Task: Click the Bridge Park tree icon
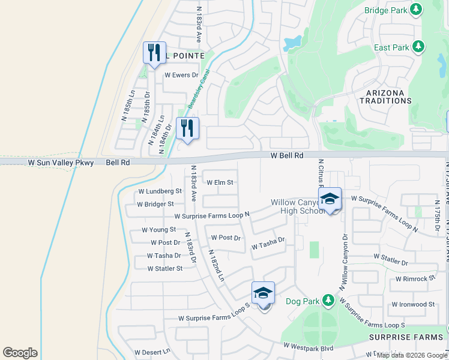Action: click(x=415, y=10)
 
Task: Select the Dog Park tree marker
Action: click(x=327, y=299)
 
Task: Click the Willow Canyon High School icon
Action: click(x=330, y=200)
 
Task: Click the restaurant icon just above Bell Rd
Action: click(x=188, y=128)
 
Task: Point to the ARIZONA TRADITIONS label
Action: click(x=385, y=96)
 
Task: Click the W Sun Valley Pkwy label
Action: click(x=61, y=163)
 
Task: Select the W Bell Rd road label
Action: click(x=287, y=155)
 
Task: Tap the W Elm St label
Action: click(x=220, y=182)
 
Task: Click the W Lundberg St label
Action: click(x=160, y=191)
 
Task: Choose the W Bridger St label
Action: click(x=155, y=204)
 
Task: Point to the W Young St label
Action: click(x=158, y=230)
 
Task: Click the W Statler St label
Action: click(x=164, y=268)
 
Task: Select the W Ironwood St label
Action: click(x=413, y=304)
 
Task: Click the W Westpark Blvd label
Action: click(x=308, y=346)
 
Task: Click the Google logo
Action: click(x=20, y=353)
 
